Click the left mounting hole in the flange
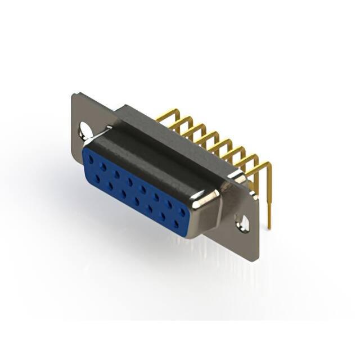(85, 129)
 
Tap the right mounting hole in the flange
(244, 223)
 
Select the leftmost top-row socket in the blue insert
(91, 159)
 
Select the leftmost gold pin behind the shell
(163, 115)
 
